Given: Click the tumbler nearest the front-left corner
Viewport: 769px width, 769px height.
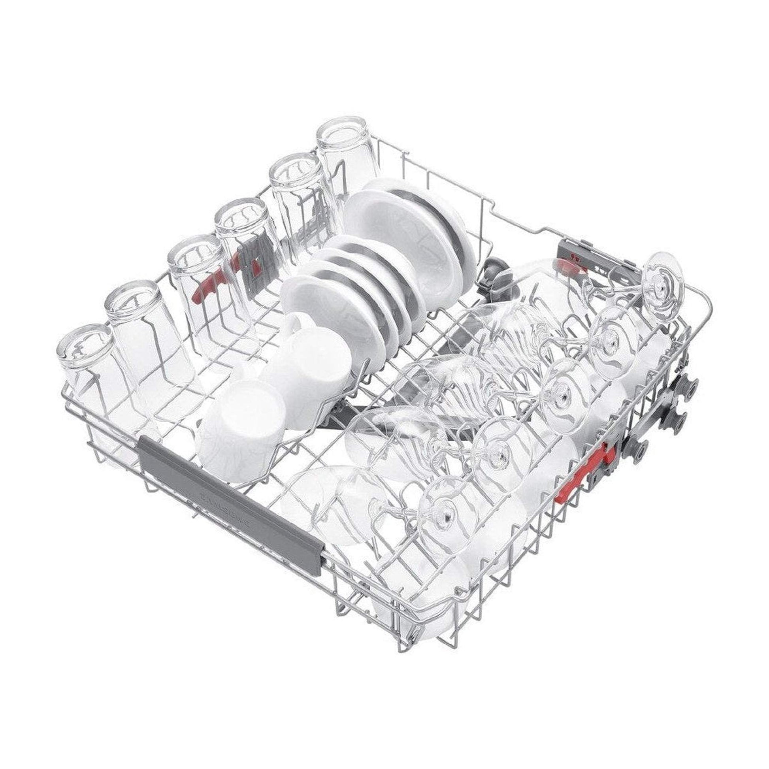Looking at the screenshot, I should [x=86, y=370].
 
